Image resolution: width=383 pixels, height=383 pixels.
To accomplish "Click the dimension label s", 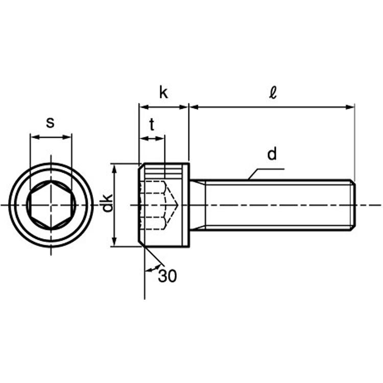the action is [51, 123].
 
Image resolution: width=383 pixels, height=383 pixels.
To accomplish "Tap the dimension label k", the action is [163, 92].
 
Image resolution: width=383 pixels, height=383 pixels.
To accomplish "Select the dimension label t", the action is [152, 124].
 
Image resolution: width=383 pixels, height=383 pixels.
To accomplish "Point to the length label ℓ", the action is [273, 92].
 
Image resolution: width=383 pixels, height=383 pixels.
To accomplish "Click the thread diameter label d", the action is [272, 153].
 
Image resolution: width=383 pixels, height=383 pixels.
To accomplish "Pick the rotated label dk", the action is [107, 203].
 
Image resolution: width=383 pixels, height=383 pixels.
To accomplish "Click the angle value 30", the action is [167, 276].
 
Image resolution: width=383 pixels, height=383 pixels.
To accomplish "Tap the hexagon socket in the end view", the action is [51, 205].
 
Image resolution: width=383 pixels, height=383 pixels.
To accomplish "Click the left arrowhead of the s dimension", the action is [34, 137].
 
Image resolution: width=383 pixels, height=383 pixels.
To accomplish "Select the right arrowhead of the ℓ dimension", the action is [350, 107].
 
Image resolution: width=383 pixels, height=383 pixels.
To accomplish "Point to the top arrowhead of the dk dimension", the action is [114, 167].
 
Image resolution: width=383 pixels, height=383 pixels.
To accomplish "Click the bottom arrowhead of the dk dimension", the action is [114, 242].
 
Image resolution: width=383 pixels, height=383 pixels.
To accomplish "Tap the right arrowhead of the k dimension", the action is [184, 107].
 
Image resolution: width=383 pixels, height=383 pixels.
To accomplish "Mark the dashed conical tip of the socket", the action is [172, 205].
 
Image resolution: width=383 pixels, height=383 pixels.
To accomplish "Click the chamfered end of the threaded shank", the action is [353, 205].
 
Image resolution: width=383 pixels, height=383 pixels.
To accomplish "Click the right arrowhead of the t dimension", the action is [160, 139].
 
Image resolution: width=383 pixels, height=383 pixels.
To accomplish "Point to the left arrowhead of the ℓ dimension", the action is [194, 107].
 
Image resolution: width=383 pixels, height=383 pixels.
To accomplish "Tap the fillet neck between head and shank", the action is [197, 205].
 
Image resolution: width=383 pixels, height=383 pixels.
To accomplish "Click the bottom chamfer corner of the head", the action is [141, 244].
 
